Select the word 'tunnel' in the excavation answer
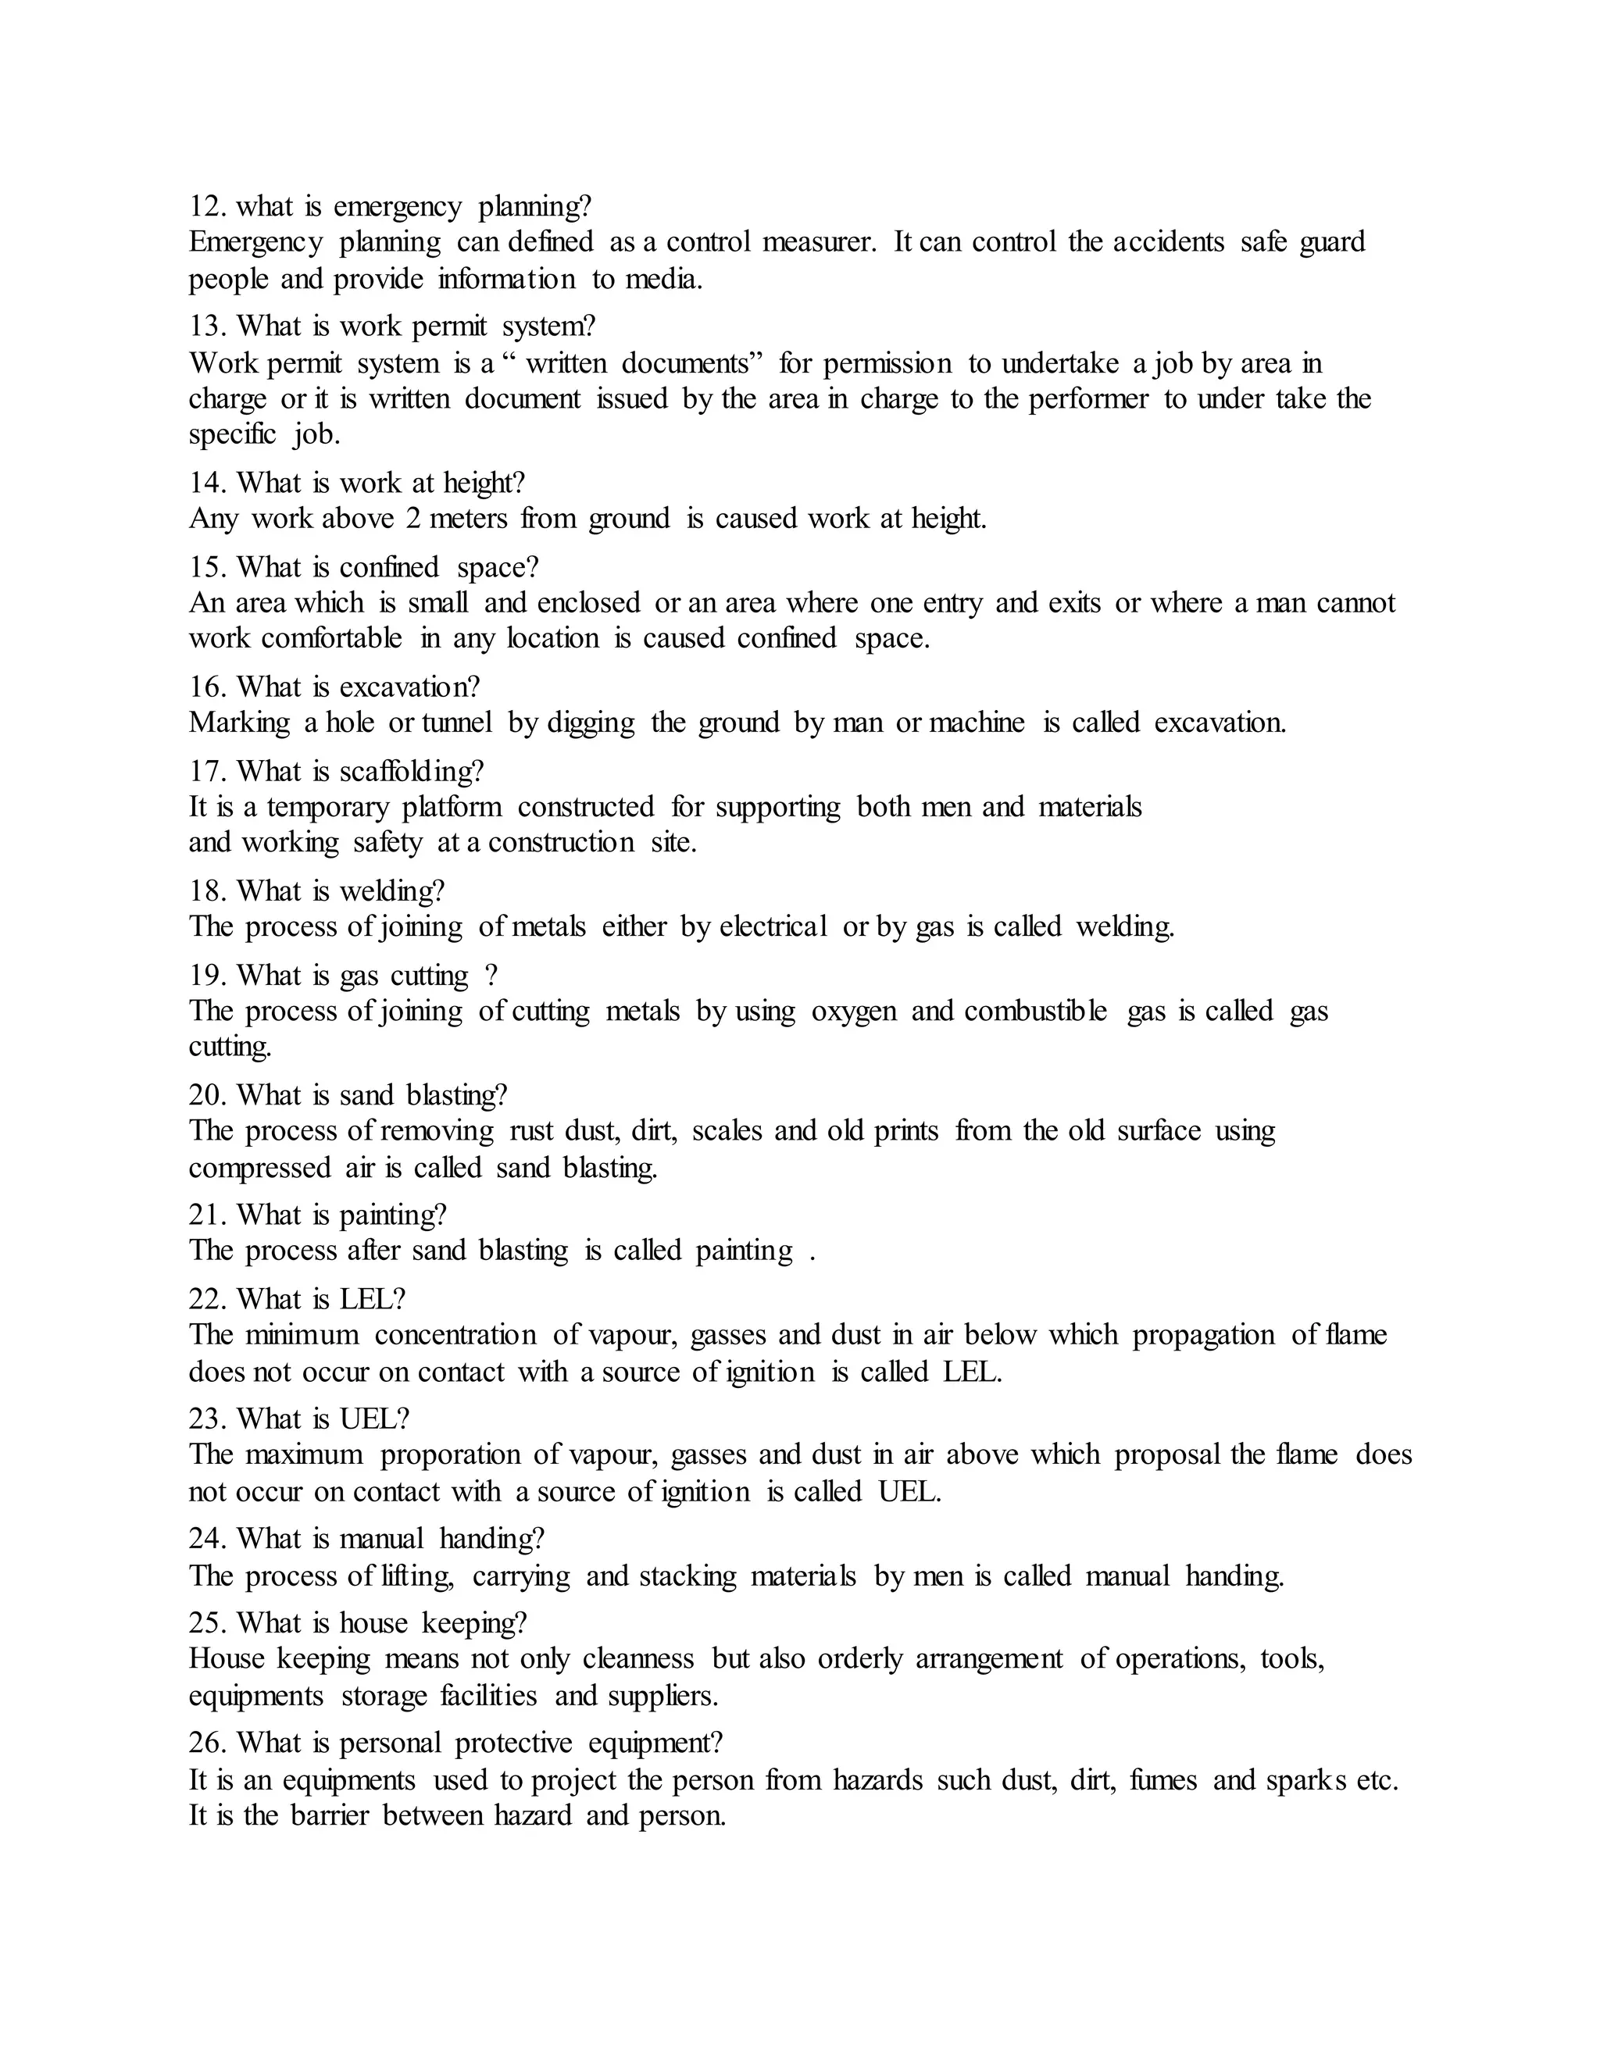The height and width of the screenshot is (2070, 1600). click(457, 723)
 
